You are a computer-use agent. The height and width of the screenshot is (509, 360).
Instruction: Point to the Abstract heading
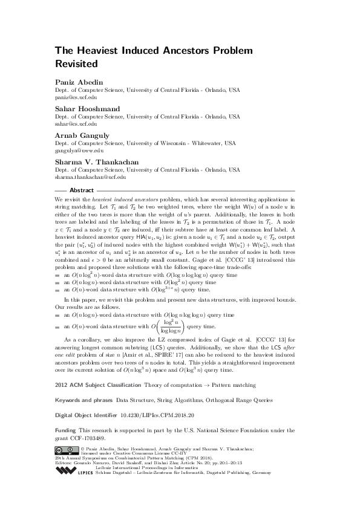[x=82, y=190]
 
